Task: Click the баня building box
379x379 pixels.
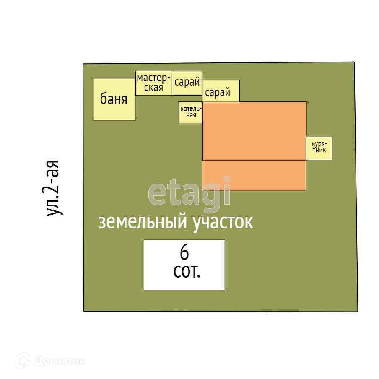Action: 114,99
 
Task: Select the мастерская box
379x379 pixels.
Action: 154,83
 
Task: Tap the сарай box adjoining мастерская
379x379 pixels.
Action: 187,83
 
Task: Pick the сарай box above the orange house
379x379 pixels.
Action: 221,91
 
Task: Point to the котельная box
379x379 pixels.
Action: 191,112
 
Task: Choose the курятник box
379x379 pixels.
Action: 319,148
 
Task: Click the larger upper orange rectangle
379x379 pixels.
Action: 254,131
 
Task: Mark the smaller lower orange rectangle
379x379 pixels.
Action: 254,176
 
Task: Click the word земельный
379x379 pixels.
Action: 142,222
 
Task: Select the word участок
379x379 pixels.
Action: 223,222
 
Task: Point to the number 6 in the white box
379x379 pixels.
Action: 184,253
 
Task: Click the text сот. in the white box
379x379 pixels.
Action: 187,272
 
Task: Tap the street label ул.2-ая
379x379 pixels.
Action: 54,188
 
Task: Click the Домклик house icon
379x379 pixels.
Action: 23,360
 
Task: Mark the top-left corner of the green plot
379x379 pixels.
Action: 83,64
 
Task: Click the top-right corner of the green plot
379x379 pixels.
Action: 354,62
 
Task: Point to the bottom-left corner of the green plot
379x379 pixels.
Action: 84,311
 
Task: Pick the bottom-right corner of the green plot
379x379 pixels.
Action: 358,312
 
